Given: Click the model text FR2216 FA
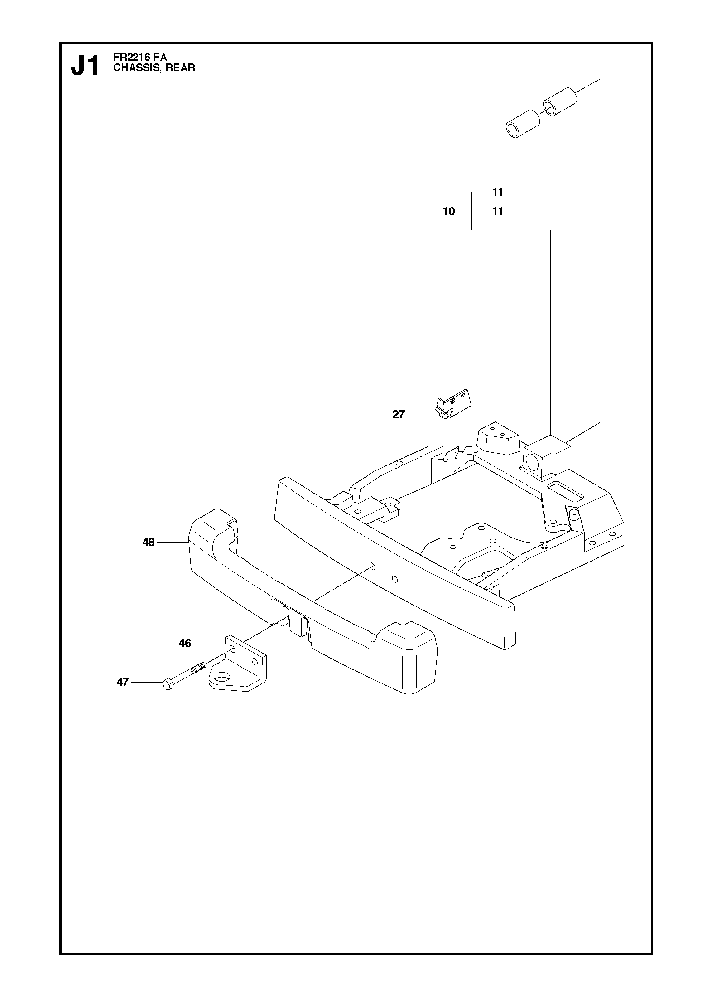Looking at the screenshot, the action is pos(140,58).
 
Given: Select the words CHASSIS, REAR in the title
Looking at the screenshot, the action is pos(154,68).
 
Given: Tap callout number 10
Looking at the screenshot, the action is pos(449,211).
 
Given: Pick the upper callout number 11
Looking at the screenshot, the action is pos(498,192).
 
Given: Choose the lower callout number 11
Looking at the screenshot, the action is pos(498,211).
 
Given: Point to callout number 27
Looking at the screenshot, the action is pos(398,414).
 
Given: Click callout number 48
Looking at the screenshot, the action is pos(149,542).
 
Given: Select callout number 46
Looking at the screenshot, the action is pos(185,643).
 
